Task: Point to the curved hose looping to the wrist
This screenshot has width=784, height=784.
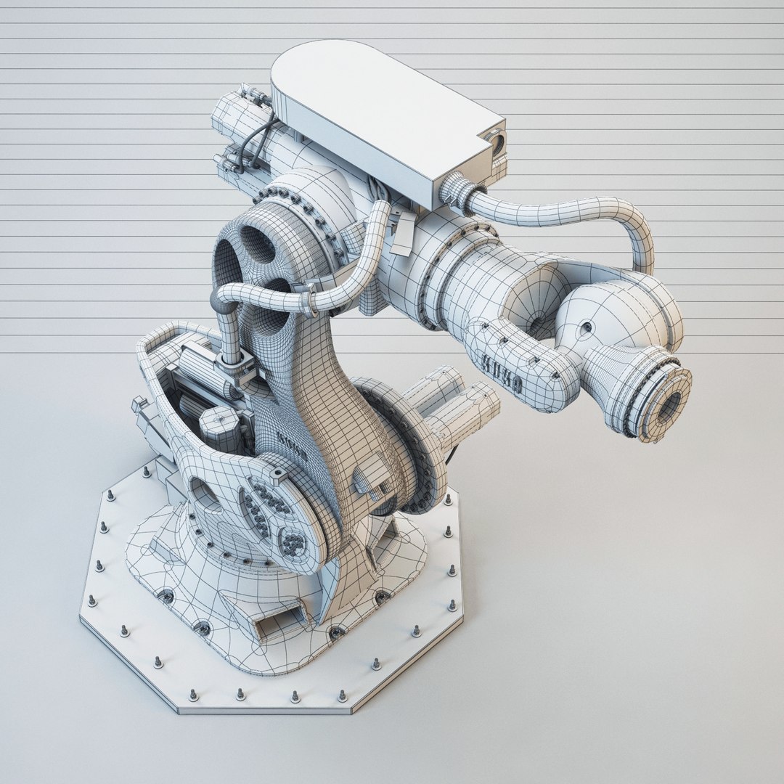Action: (x=581, y=214)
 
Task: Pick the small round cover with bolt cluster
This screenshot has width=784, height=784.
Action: (x=293, y=542)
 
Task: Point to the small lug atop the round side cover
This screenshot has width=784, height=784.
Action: (x=275, y=475)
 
